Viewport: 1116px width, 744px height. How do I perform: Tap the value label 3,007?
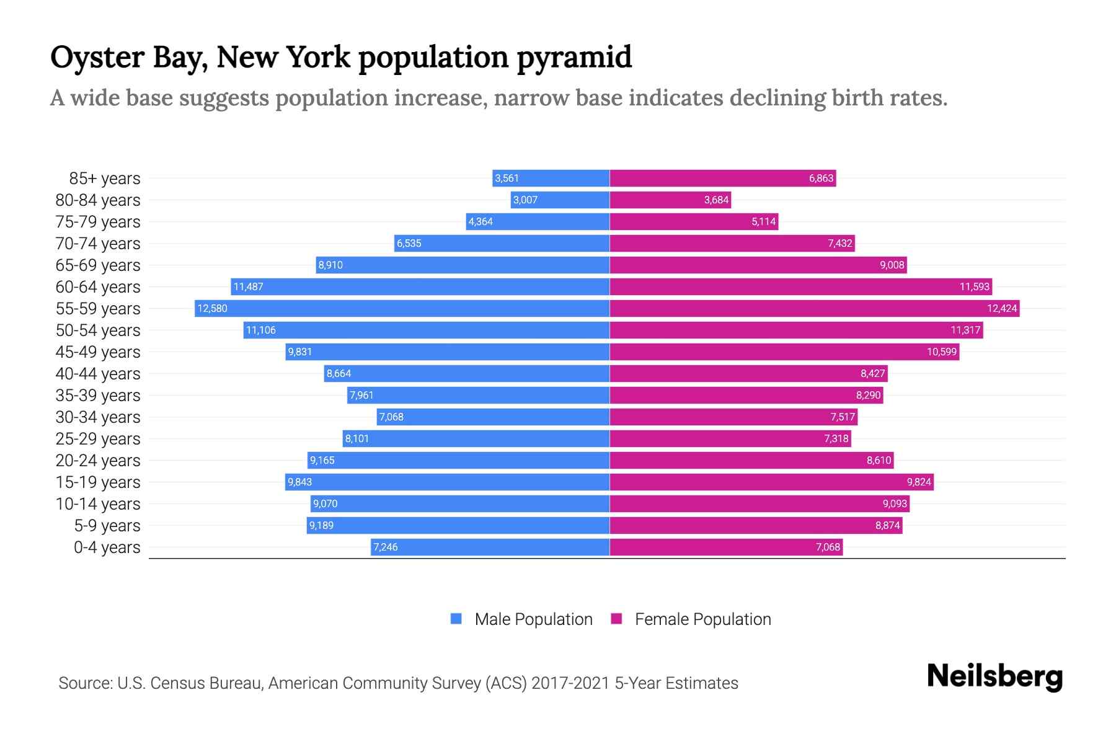[x=525, y=200]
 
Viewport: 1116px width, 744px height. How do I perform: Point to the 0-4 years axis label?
[x=107, y=547]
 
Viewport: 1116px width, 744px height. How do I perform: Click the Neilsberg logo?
[x=994, y=676]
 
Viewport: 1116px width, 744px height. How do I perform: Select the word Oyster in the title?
[x=97, y=57]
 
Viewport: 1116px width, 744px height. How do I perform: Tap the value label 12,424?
[x=1002, y=308]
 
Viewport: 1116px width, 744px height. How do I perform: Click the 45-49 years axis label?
[x=98, y=352]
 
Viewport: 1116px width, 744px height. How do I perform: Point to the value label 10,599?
[x=942, y=352]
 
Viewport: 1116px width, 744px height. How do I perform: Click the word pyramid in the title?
[x=574, y=57]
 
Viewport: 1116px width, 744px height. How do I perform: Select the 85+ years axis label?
[x=105, y=179]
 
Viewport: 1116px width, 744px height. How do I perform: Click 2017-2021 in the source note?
[x=570, y=683]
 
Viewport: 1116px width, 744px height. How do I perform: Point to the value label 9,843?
[x=299, y=482]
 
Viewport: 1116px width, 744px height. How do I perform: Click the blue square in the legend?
[x=456, y=619]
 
